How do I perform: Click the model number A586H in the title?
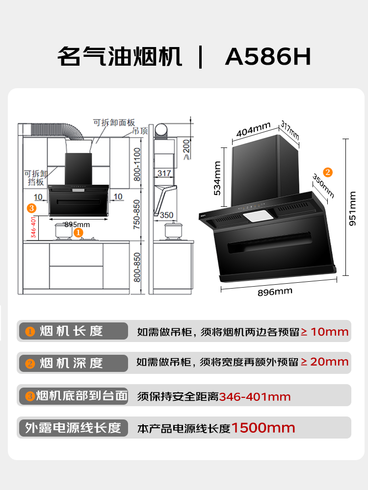pyautogui.click(x=268, y=57)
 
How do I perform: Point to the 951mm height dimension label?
pyautogui.click(x=353, y=208)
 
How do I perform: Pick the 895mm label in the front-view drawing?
pyautogui.click(x=77, y=224)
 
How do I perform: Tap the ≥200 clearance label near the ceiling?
pyautogui.click(x=186, y=148)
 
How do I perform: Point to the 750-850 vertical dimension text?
pyautogui.click(x=137, y=214)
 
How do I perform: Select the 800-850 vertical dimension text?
pyautogui.click(x=137, y=267)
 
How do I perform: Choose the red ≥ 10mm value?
pyautogui.click(x=324, y=332)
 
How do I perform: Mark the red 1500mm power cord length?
pyautogui.click(x=263, y=428)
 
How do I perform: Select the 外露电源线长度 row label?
pyautogui.click(x=73, y=428)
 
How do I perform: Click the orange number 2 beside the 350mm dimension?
pyautogui.click(x=328, y=172)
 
